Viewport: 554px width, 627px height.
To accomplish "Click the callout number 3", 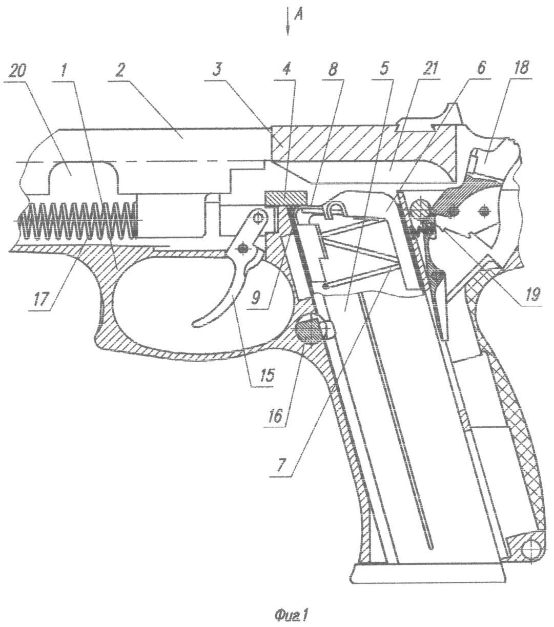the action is (217, 71).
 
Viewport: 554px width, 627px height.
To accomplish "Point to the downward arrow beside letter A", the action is (288, 22).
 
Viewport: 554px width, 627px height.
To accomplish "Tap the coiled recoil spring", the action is (77, 220).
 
